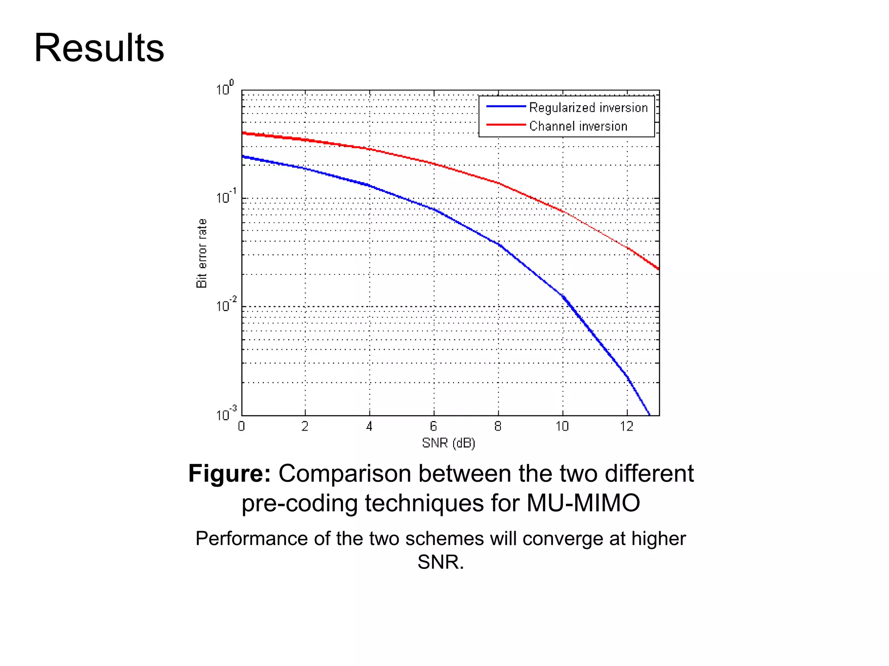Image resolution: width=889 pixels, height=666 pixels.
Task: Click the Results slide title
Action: [99, 48]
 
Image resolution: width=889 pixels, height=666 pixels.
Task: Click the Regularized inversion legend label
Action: [588, 108]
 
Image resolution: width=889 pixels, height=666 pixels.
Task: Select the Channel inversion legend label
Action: [578, 126]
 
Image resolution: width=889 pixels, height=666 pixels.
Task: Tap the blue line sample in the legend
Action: [506, 106]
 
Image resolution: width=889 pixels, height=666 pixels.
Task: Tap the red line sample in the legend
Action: [506, 125]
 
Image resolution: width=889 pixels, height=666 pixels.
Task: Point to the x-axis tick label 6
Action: [434, 427]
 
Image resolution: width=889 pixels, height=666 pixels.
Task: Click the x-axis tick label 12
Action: [626, 427]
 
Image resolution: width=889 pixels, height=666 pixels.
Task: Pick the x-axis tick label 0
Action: [241, 427]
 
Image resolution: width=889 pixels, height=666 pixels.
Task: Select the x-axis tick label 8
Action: [498, 427]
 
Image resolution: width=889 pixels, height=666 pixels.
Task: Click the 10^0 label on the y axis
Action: [224, 88]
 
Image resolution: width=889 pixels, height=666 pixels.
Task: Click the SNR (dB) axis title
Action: [448, 443]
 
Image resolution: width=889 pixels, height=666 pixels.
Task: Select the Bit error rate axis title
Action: [202, 253]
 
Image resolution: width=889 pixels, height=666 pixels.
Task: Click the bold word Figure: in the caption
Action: [229, 473]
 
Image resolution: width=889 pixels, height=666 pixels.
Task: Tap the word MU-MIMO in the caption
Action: [583, 503]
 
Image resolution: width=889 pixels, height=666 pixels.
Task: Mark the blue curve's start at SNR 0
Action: [243, 157]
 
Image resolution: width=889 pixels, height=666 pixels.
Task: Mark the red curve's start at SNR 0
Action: [243, 133]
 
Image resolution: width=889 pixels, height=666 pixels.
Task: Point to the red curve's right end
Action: [658, 269]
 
